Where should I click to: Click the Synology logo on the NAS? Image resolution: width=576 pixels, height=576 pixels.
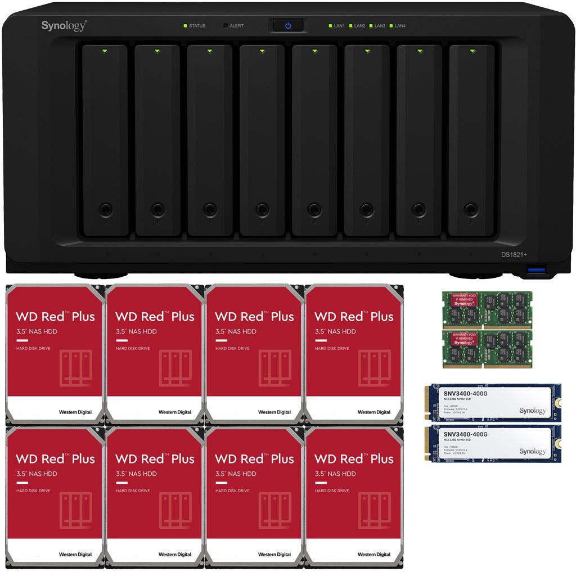[64, 25]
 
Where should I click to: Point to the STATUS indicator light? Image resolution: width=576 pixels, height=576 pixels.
[185, 26]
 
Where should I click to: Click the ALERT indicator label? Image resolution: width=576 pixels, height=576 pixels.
[236, 26]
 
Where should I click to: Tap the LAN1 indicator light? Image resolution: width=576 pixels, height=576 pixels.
[330, 26]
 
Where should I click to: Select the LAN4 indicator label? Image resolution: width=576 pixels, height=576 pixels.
[400, 26]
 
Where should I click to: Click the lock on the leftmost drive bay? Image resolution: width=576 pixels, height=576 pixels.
[105, 209]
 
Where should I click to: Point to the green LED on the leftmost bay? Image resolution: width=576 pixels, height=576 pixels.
[105, 51]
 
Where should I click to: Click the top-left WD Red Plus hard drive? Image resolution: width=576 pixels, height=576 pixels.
[55, 354]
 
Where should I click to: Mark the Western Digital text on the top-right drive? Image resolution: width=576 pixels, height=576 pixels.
[374, 412]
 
